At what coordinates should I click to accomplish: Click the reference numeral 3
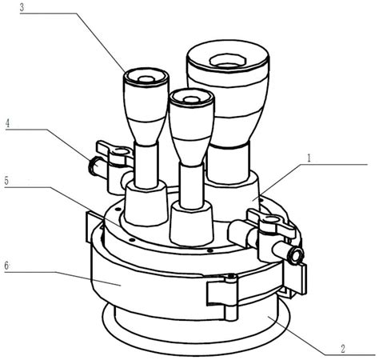[x=22, y=7]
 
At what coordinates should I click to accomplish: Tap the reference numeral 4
[x=8, y=123]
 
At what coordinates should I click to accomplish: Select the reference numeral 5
[x=6, y=181]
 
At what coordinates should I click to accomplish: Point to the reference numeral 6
[x=6, y=266]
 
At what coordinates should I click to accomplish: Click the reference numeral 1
[x=309, y=158]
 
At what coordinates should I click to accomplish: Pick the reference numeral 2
[x=343, y=349]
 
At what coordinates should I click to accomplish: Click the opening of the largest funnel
[x=227, y=61]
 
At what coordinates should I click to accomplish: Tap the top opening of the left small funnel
[x=146, y=79]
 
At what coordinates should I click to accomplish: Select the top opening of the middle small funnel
[x=190, y=100]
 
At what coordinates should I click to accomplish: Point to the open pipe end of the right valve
[x=297, y=255]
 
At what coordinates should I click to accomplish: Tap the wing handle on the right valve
[x=272, y=222]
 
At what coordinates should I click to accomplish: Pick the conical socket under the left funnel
[x=146, y=203]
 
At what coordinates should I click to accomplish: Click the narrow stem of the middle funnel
[x=191, y=186]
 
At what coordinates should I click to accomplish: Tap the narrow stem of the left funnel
[x=146, y=166]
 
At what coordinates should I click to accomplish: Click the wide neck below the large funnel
[x=228, y=162]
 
